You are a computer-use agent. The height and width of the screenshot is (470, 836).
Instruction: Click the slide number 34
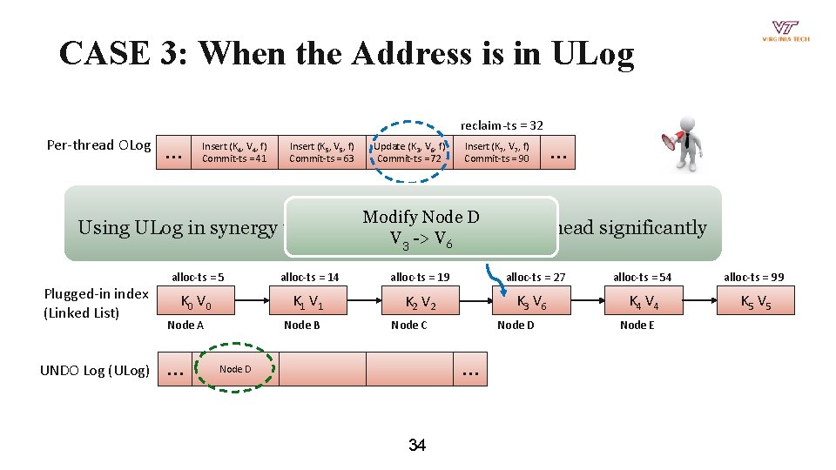tap(417, 446)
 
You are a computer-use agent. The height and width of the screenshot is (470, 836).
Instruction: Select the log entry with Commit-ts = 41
tap(234, 152)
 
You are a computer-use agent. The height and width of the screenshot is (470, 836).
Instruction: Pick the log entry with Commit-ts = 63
tap(321, 152)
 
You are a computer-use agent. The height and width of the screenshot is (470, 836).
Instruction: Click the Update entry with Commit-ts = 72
tap(409, 152)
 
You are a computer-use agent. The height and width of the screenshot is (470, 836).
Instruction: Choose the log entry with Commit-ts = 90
tap(496, 152)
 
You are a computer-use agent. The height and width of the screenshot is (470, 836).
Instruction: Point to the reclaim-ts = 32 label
tap(502, 125)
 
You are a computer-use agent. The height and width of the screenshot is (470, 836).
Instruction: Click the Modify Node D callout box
tap(421, 226)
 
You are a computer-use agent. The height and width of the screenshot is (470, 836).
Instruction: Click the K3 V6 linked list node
tap(531, 303)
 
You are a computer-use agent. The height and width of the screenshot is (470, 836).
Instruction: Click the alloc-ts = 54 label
tap(642, 277)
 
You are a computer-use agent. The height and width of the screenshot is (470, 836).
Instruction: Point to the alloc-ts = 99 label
tap(753, 277)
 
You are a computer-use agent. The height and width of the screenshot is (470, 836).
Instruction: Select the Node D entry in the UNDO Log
tap(234, 369)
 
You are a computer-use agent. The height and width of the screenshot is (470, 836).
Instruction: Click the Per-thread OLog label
tap(98, 144)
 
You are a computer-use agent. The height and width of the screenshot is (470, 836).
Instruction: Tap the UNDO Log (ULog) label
tap(95, 371)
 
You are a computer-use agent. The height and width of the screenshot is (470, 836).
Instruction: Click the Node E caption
tap(637, 325)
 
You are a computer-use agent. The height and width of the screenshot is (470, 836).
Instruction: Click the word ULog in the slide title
tap(592, 54)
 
